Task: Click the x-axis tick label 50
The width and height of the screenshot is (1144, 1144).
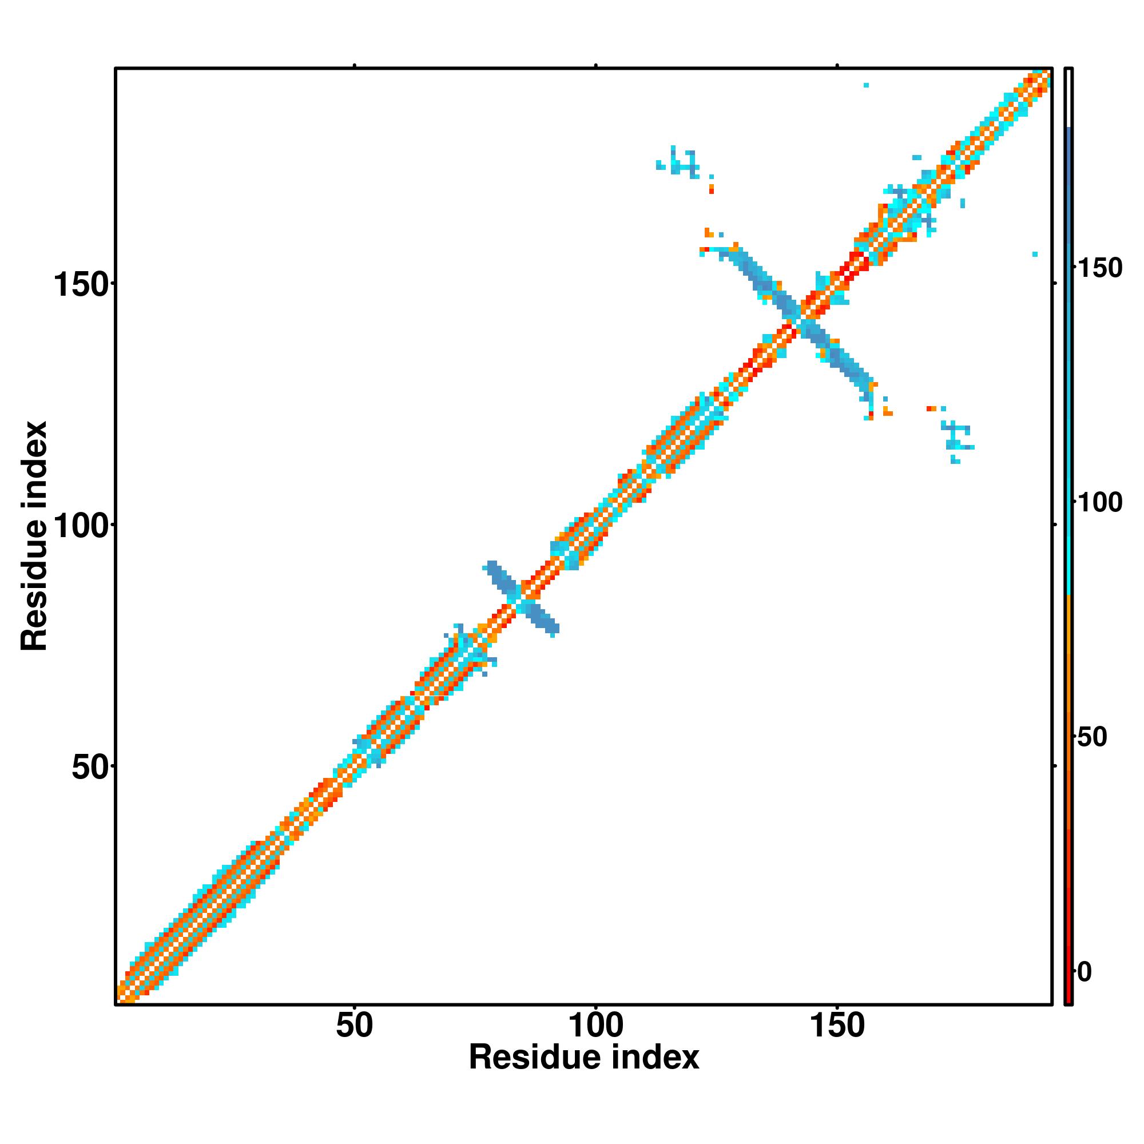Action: click(354, 1026)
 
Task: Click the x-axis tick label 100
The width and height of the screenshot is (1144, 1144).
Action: click(595, 1026)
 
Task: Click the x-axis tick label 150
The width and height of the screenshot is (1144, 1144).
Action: click(837, 1026)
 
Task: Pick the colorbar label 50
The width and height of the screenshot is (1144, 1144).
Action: click(1091, 737)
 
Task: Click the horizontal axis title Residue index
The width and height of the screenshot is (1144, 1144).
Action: click(584, 1058)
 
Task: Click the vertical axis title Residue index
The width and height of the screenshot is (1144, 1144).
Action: click(34, 536)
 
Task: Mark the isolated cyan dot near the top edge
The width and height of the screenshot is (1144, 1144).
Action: click(866, 85)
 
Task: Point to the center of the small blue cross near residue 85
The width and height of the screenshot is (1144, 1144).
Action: click(522, 599)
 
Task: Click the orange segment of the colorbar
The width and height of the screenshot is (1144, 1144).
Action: click(1069, 652)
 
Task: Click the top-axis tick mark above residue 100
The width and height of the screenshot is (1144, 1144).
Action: click(595, 66)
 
